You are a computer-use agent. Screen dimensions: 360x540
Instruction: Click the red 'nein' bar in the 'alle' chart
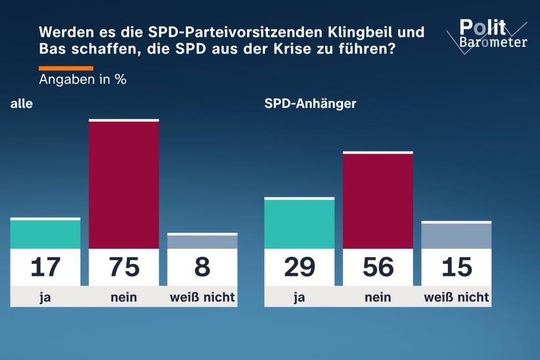(124, 185)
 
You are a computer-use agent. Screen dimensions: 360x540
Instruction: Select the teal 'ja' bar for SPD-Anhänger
(299, 223)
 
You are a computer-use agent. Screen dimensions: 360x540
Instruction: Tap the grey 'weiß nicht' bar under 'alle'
(202, 241)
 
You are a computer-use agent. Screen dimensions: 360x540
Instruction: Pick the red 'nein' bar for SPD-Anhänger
(378, 200)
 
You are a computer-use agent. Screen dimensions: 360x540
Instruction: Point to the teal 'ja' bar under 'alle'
(45, 234)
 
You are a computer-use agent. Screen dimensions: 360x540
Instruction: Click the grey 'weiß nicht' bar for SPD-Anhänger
(457, 236)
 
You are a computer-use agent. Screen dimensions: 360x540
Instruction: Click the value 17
(45, 267)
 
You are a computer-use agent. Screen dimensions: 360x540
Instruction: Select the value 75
(124, 267)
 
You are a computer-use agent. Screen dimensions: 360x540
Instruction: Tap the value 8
(202, 267)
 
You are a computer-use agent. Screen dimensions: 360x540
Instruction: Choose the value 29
(299, 267)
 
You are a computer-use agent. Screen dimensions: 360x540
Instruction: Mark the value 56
(378, 267)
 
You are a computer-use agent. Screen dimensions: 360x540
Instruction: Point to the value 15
(457, 267)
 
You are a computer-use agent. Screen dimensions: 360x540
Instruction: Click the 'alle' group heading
(22, 104)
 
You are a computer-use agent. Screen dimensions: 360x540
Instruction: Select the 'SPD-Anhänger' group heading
(310, 104)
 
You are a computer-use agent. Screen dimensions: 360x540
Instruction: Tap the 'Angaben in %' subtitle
(82, 79)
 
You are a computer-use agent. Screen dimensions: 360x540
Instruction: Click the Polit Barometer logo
(492, 34)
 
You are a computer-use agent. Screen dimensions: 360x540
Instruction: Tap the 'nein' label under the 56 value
(378, 297)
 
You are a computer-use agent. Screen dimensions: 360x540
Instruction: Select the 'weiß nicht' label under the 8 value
(202, 297)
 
